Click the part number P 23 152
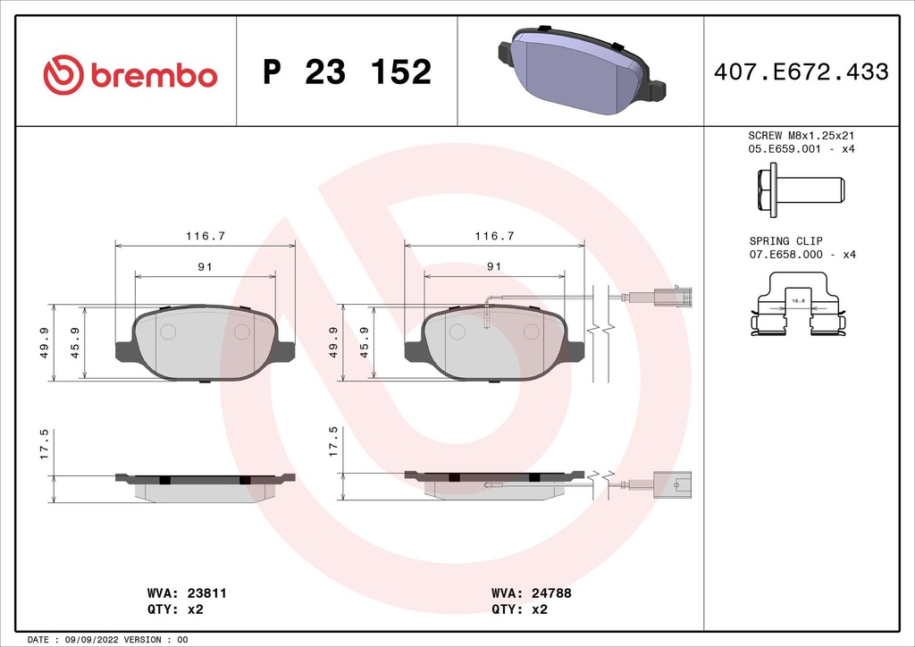coord(347,72)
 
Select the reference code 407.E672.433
coord(801,72)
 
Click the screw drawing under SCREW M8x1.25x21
coord(801,190)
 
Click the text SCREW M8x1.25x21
coord(802,135)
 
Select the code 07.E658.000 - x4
coord(802,255)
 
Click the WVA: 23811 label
coord(176,593)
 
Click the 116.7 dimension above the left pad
coord(205,237)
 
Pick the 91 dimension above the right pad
coord(493,266)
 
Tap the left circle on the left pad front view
coord(167,332)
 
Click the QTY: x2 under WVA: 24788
coord(519,609)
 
